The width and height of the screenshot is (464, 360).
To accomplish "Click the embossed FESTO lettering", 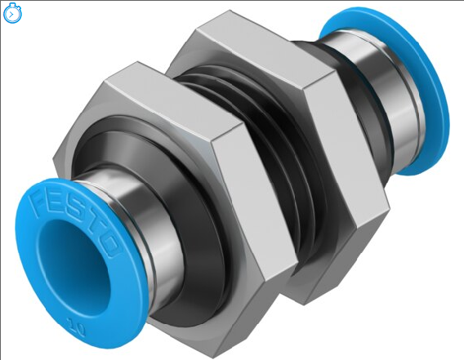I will pyautogui.click(x=72, y=210).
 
